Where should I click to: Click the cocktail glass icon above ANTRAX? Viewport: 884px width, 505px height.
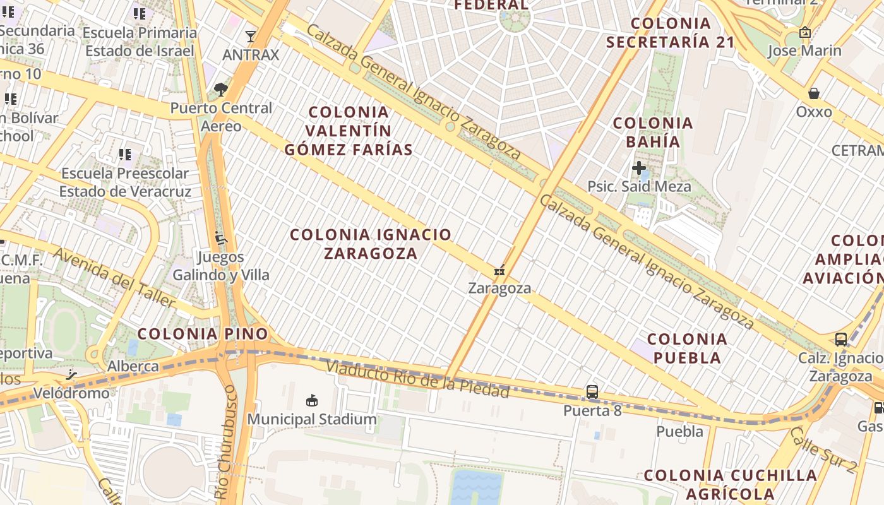click(251, 37)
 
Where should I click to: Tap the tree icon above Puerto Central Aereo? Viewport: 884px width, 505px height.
click(220, 90)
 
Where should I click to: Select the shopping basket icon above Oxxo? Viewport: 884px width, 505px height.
click(814, 93)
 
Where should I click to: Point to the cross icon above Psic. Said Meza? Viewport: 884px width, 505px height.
click(639, 168)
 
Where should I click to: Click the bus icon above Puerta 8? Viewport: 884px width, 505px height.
click(592, 392)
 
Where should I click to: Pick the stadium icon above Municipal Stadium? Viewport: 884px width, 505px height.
click(311, 400)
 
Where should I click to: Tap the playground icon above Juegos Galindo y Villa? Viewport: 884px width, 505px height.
click(220, 239)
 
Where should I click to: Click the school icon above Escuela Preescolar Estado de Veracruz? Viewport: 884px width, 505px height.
click(125, 155)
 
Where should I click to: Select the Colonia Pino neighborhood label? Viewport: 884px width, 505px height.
click(203, 334)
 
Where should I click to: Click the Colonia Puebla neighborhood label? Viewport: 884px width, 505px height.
click(687, 348)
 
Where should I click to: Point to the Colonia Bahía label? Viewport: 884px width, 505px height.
click(653, 132)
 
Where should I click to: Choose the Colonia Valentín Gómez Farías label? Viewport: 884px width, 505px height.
click(349, 131)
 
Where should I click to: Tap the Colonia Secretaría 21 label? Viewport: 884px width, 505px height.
click(670, 33)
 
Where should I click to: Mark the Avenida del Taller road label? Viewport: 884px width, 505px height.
click(114, 278)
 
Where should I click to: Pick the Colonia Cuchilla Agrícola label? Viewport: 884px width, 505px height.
click(731, 484)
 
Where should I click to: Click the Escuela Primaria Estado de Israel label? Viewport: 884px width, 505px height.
click(140, 42)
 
